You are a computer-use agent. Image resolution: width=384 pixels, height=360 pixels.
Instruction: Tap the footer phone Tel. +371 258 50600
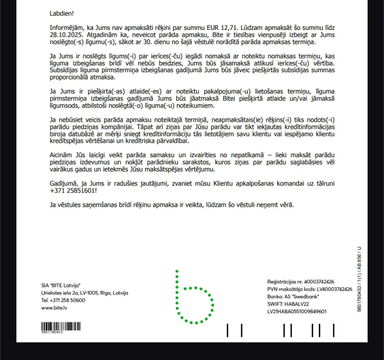pyautogui.click(x=63, y=300)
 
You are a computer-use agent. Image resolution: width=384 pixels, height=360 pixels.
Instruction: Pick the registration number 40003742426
pyautogui.click(x=318, y=282)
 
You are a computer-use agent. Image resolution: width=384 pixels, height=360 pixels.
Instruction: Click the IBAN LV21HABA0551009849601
pyautogui.click(x=297, y=311)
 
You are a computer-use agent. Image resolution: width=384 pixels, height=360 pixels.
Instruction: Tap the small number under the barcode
pyautogui.click(x=52, y=332)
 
